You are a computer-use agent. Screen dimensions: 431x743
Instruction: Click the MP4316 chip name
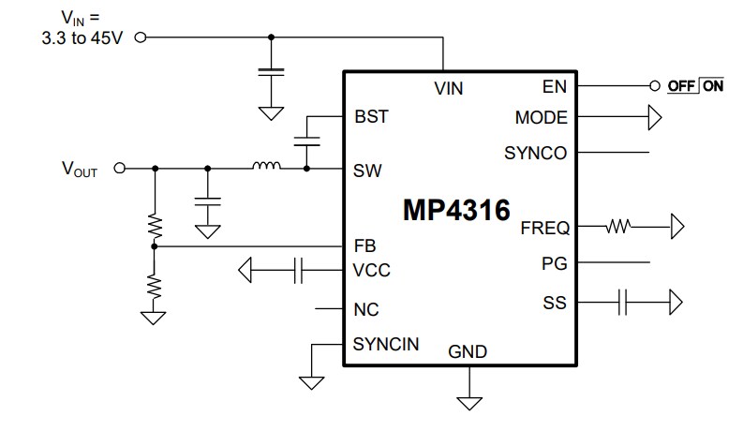(456, 209)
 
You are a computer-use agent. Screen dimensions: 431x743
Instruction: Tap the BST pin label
(371, 118)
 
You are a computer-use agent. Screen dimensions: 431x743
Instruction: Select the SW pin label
(367, 171)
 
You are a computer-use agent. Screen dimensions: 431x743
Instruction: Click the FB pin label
(364, 247)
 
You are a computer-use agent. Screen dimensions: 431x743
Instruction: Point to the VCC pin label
(371, 271)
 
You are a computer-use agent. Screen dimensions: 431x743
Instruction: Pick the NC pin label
(366, 309)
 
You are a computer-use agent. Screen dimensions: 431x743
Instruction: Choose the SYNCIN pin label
(385, 344)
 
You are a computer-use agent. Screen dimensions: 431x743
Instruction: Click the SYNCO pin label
(535, 153)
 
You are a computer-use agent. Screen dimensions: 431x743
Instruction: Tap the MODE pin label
(541, 118)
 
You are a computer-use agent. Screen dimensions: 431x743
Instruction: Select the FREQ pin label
(544, 227)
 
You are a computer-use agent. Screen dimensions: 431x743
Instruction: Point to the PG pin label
(555, 265)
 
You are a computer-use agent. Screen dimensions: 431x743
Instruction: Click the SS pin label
(555, 303)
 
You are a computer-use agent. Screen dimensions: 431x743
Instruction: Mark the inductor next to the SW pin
(266, 168)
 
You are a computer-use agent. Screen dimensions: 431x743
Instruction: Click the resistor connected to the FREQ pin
(619, 226)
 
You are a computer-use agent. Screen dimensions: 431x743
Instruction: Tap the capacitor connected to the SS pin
(624, 302)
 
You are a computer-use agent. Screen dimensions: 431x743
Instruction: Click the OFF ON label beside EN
(695, 86)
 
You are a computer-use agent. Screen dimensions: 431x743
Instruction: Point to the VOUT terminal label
(80, 170)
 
